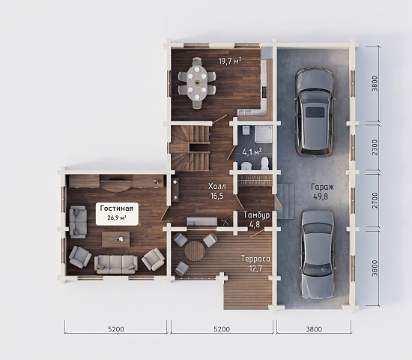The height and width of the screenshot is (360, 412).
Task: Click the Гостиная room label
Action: click(x=117, y=208)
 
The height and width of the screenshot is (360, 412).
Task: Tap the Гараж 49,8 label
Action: click(x=322, y=191)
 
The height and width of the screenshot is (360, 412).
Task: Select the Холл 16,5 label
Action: click(x=217, y=191)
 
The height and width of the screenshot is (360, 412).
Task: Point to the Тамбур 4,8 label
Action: click(x=256, y=220)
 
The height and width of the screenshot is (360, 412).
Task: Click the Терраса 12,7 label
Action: click(x=255, y=263)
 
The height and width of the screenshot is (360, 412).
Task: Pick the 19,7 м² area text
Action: click(x=230, y=61)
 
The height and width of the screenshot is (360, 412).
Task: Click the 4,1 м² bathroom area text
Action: click(x=252, y=151)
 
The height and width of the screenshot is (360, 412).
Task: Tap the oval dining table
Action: click(x=197, y=83)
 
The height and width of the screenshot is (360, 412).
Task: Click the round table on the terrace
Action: click(x=195, y=250)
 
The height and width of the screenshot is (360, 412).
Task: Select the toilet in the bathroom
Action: click(x=265, y=163)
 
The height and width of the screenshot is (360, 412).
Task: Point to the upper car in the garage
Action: click(x=315, y=112)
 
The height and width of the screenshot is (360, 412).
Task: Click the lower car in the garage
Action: click(x=318, y=255)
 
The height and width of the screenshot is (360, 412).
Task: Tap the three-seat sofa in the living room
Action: click(x=116, y=264)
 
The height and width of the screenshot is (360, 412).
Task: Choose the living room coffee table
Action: click(x=116, y=239)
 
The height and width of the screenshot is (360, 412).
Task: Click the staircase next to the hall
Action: click(x=191, y=148)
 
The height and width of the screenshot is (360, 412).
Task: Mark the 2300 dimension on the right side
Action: click(x=375, y=147)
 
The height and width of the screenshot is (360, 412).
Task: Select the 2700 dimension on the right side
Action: click(x=375, y=200)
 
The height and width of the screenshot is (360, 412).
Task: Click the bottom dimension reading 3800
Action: click(x=314, y=329)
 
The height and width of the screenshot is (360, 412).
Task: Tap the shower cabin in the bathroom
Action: click(x=263, y=134)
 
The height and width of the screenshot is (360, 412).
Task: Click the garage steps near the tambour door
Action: click(x=286, y=201)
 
